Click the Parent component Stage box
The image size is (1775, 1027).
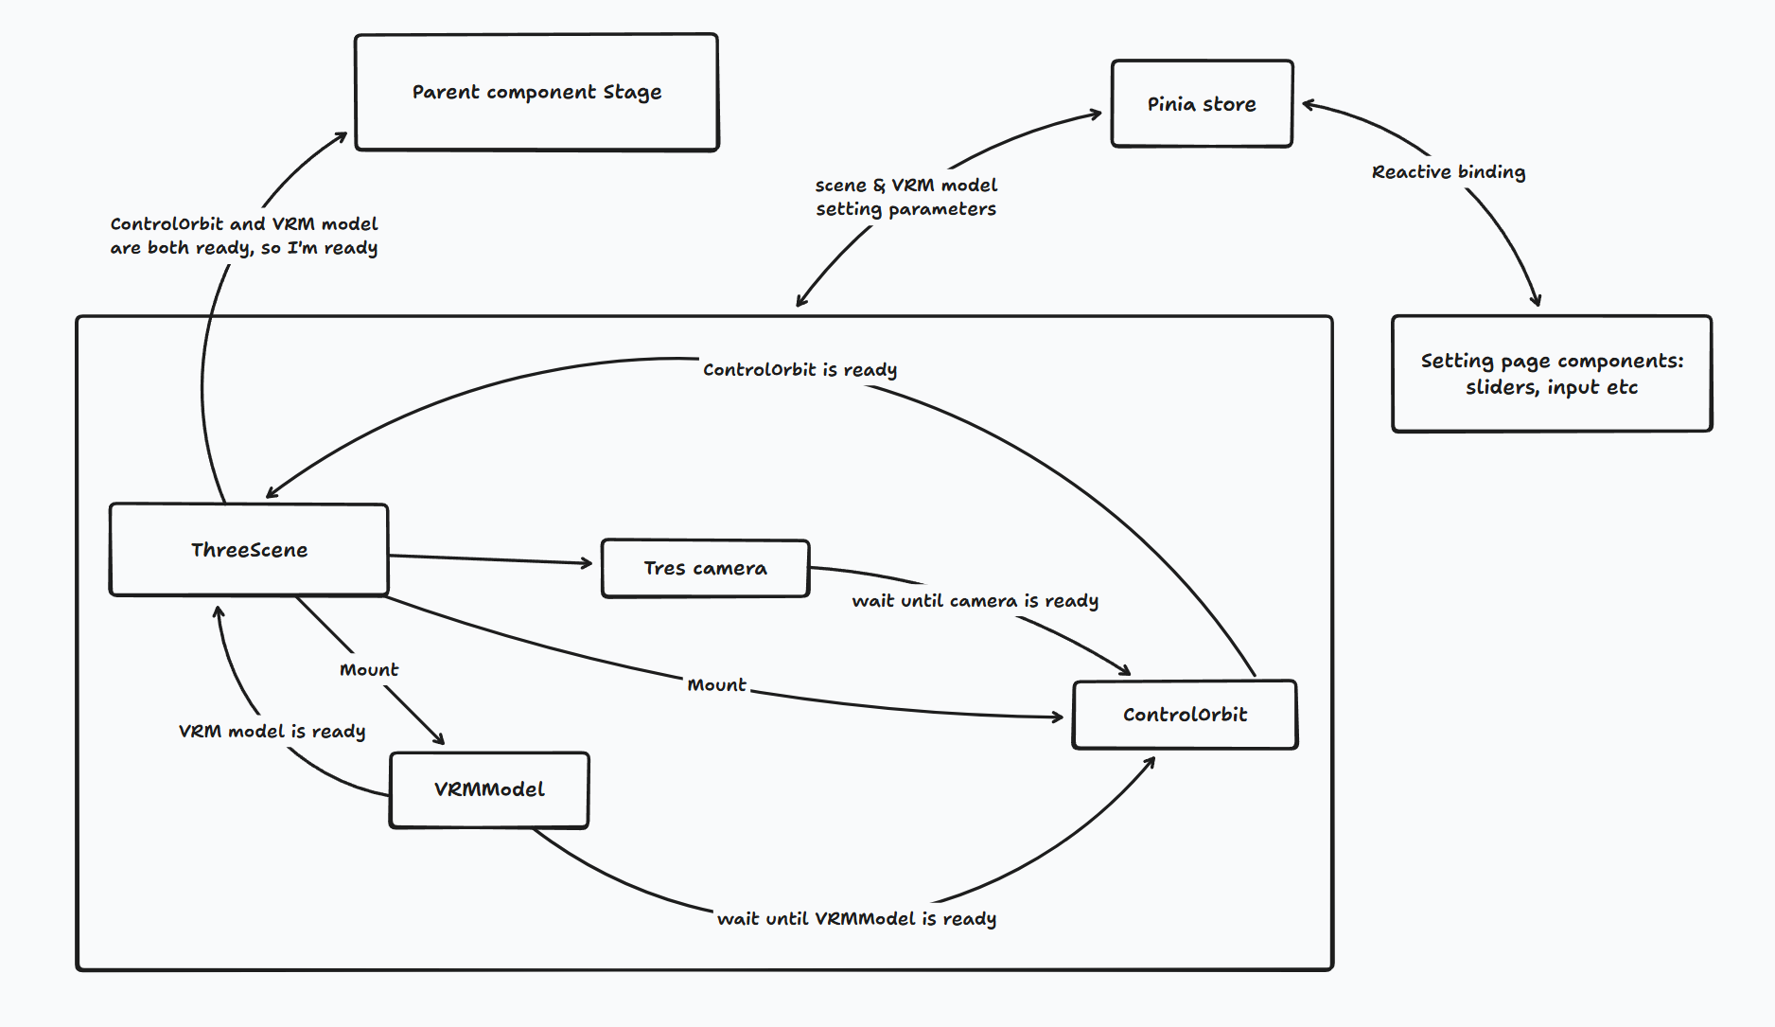[536, 93]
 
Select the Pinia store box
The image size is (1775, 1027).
[1202, 104]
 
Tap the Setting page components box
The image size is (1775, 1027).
[1552, 374]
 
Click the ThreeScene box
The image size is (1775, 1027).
[249, 550]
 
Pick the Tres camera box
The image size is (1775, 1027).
[705, 568]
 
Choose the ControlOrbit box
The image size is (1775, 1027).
[1185, 715]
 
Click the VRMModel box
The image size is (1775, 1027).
[489, 789]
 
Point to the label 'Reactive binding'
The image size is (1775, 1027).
[1448, 172]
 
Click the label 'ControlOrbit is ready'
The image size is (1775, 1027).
[800, 370]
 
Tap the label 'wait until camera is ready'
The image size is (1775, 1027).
[975, 601]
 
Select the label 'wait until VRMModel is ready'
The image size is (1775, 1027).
[856, 919]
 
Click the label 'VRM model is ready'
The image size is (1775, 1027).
[272, 732]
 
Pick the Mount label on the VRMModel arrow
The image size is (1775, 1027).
[369, 670]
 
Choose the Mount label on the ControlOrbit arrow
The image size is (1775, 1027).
[716, 685]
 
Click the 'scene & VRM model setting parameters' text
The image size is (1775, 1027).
[905, 197]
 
